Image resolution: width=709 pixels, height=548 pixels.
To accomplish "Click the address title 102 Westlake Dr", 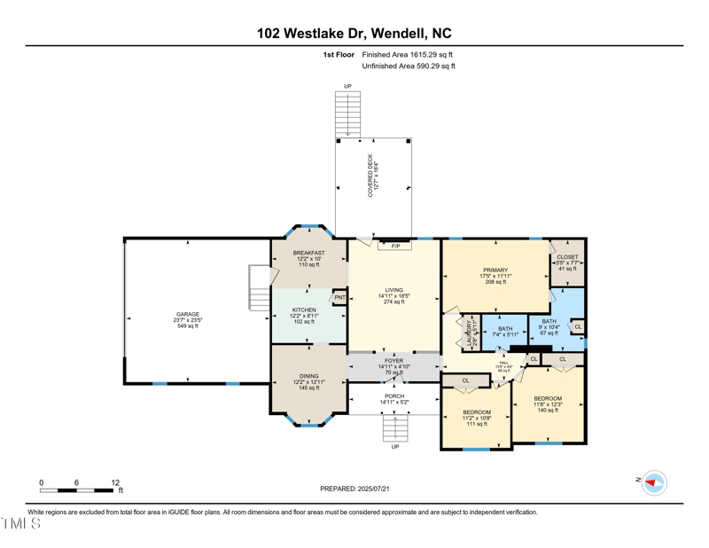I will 354,34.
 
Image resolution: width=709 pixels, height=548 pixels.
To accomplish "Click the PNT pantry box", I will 339,298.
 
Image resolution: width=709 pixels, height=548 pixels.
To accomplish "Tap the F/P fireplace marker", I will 395,246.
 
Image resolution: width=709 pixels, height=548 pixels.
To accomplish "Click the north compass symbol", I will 653,482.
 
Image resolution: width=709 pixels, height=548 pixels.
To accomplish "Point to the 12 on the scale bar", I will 115,483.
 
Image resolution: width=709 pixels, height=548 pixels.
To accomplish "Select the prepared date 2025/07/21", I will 354,489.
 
